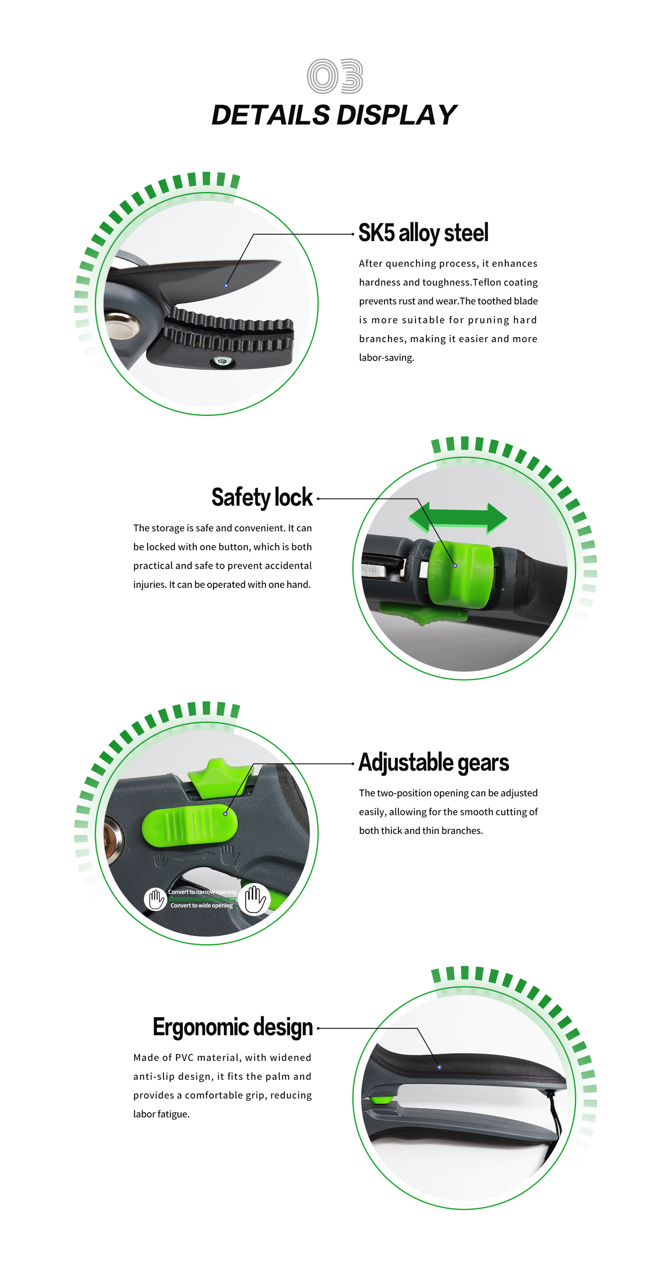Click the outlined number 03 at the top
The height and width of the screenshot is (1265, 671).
click(x=335, y=76)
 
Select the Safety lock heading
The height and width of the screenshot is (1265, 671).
click(x=262, y=497)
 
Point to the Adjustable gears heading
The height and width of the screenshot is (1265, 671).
click(x=434, y=762)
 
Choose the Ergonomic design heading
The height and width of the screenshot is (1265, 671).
click(x=233, y=1027)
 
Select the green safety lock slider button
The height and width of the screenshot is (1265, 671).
click(x=460, y=574)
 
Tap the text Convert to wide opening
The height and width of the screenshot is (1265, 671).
click(x=201, y=906)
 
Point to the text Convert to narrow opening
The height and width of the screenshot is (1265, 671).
click(x=202, y=892)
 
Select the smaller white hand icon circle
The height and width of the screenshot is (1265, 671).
click(x=156, y=900)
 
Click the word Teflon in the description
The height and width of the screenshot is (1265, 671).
click(x=487, y=282)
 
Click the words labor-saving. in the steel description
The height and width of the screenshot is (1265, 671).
click(x=387, y=358)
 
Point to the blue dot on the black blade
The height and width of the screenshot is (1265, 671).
click(x=226, y=285)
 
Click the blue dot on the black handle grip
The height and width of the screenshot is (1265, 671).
click(x=439, y=1067)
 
